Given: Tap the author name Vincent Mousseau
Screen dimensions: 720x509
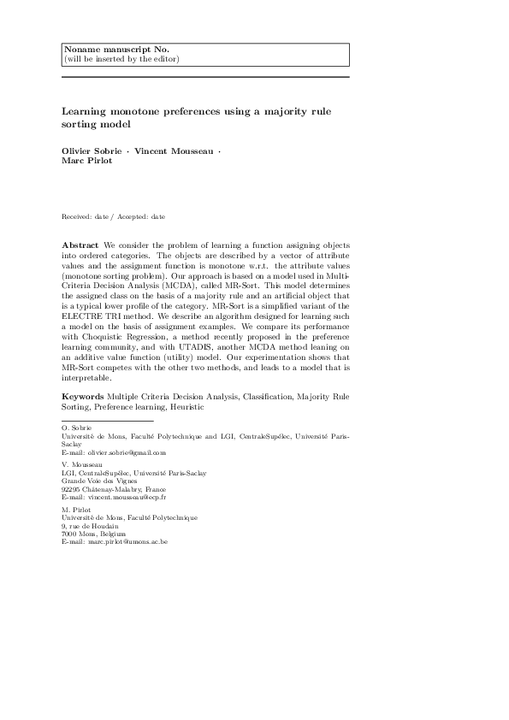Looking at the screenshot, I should (x=175, y=150).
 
